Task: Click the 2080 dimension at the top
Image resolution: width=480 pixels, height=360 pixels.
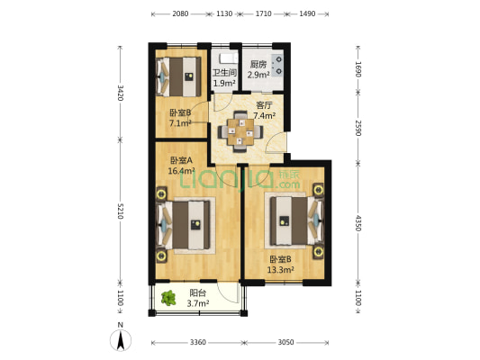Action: click(x=180, y=14)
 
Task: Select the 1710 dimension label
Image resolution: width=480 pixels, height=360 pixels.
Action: click(x=263, y=14)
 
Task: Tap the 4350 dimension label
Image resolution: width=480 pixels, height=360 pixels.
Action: click(x=358, y=222)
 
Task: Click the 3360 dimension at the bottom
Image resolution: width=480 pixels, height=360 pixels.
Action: click(x=197, y=342)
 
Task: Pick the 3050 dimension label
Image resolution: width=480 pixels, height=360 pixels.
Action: click(x=285, y=342)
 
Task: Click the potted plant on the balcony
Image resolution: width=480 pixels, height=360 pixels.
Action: click(x=168, y=298)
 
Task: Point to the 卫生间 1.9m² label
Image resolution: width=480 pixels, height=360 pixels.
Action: click(x=223, y=78)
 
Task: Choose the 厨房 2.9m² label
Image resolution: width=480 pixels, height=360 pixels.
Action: click(x=259, y=69)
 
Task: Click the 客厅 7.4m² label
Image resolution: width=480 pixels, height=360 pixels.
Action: click(x=264, y=110)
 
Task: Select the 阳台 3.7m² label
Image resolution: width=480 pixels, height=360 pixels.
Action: click(x=198, y=298)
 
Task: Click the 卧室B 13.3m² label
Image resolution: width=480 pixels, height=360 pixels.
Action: click(x=281, y=264)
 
